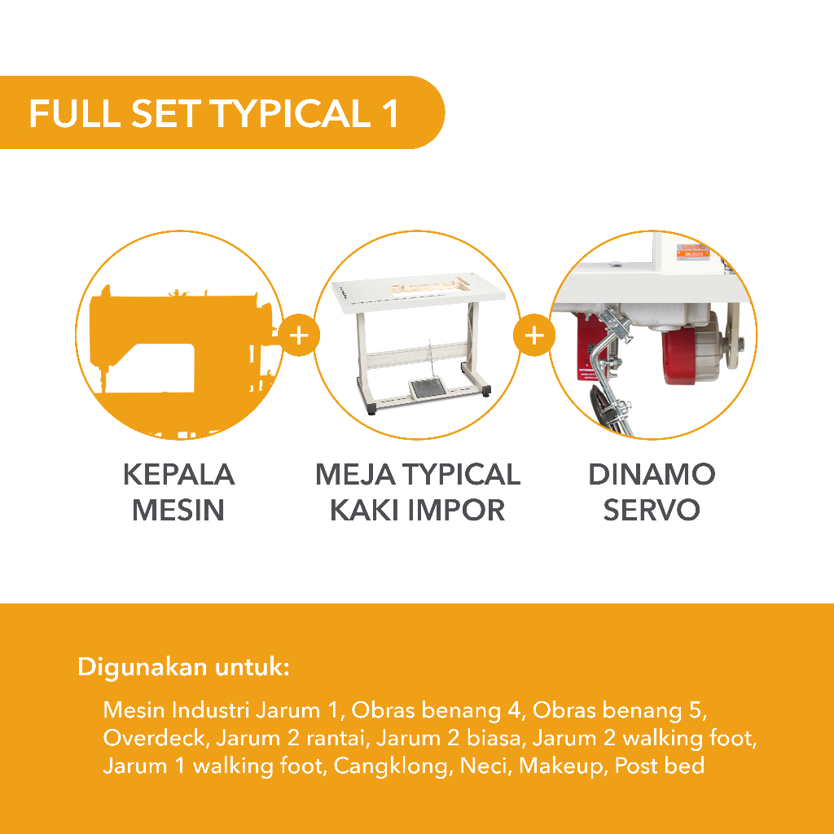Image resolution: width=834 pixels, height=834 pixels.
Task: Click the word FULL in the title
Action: tap(74, 113)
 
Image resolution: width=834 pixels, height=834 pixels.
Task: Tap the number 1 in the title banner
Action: tap(390, 113)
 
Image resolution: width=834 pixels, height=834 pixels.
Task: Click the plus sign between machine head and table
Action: tap(299, 336)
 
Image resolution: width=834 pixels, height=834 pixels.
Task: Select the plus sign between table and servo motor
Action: tap(534, 336)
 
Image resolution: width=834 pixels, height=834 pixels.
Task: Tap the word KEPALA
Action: tap(178, 475)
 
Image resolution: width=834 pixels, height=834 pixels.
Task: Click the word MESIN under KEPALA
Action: tap(178, 510)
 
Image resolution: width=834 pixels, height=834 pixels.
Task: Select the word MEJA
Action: tap(355, 475)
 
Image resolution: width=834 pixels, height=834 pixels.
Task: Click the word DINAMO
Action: tap(652, 475)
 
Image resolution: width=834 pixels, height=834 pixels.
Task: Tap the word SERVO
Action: tap(652, 510)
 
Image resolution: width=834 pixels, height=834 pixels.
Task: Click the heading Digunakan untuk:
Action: tap(183, 667)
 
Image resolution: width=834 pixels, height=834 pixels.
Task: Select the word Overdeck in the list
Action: tap(154, 738)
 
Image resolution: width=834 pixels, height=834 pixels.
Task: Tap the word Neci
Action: tap(485, 766)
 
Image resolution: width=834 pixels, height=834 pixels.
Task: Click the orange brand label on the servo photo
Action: tap(692, 252)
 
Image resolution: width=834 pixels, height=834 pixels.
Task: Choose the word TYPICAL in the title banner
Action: tap(291, 113)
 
